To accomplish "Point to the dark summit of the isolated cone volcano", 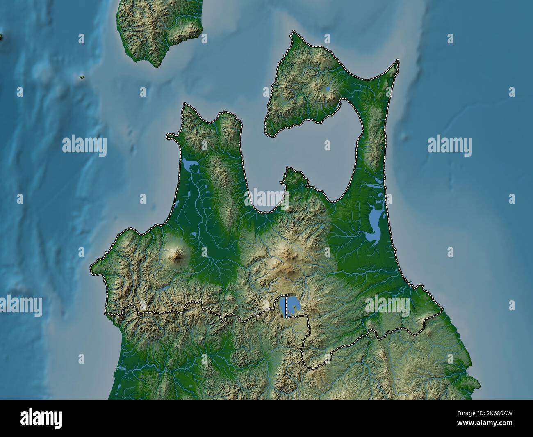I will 178,256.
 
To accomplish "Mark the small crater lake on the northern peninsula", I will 328,88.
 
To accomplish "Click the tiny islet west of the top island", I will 82,77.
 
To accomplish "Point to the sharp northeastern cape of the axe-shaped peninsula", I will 397,61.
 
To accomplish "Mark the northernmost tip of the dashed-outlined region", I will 293,32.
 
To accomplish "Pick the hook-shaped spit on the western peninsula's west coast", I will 171,135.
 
